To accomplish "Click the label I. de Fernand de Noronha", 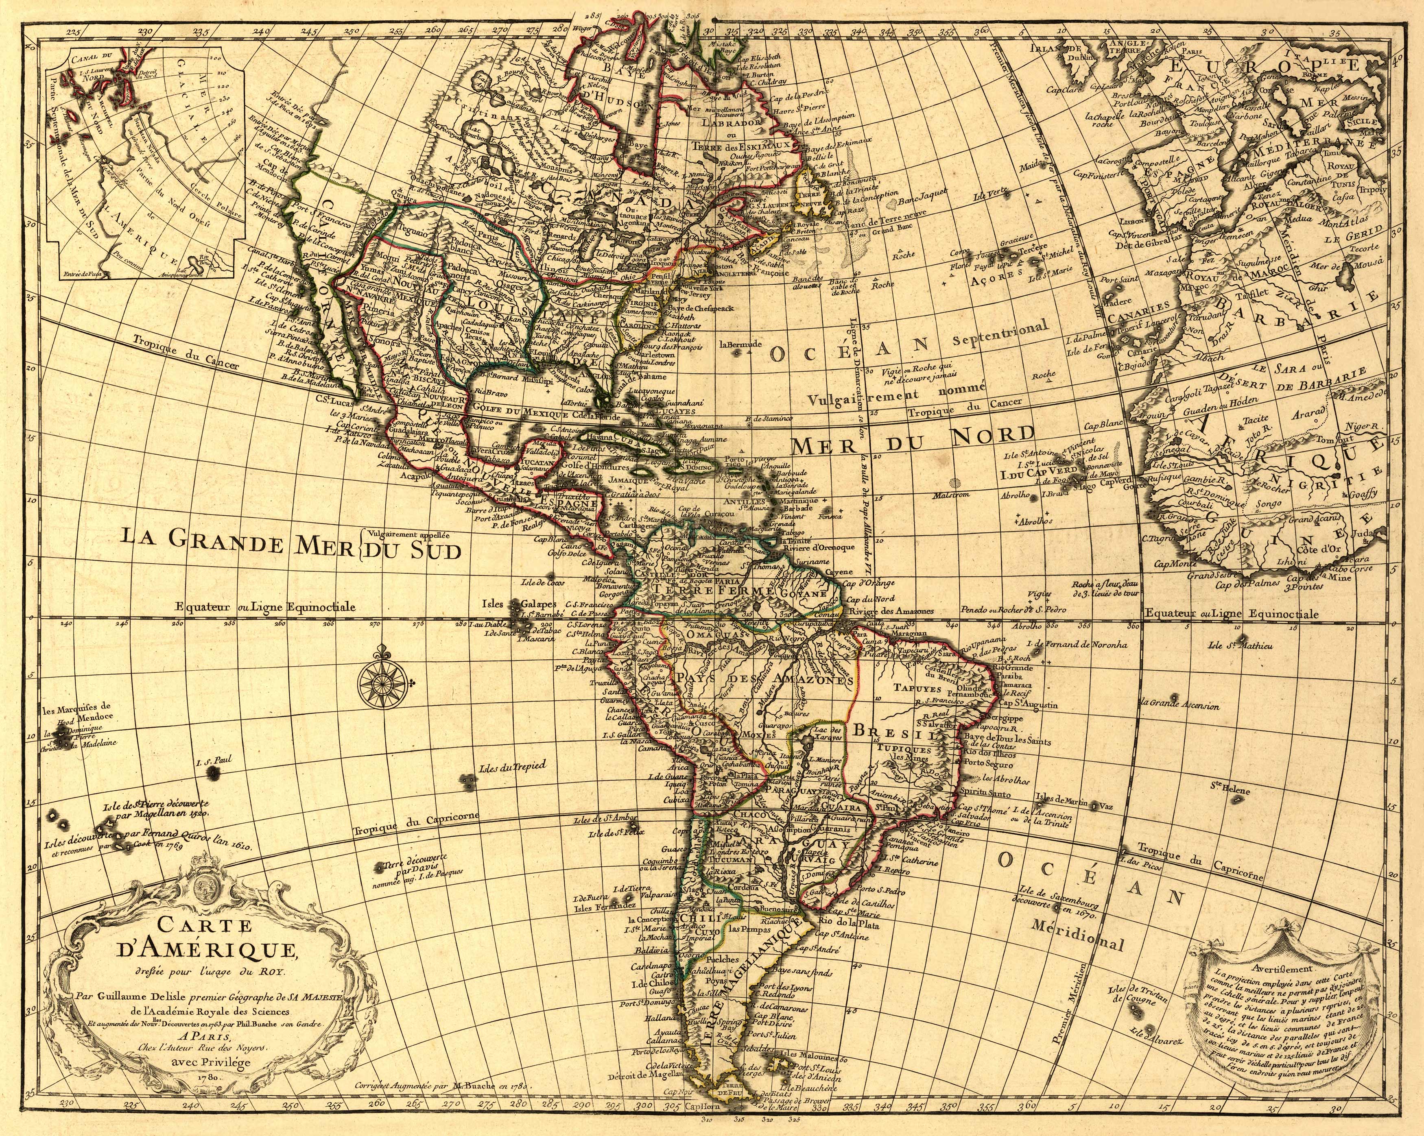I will (x=1077, y=643).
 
